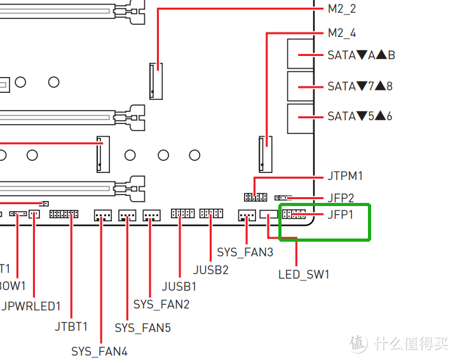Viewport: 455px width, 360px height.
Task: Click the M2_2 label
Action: pyautogui.click(x=342, y=9)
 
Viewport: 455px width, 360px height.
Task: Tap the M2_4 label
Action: pyautogui.click(x=342, y=33)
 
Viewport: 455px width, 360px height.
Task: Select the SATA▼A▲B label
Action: pyautogui.click(x=361, y=55)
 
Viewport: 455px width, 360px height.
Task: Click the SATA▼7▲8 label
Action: pyautogui.click(x=360, y=86)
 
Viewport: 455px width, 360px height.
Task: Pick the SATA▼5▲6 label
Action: pyautogui.click(x=360, y=116)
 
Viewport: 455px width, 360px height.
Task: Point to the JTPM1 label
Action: pyautogui.click(x=345, y=176)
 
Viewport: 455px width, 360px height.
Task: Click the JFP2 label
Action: pyautogui.click(x=341, y=198)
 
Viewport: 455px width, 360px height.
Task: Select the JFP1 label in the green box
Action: pyautogui.click(x=341, y=214)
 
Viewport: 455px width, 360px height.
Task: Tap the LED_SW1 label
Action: pyautogui.click(x=304, y=275)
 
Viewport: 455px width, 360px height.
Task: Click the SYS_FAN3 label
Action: pyautogui.click(x=245, y=253)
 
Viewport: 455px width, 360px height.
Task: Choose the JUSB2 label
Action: pyautogui.click(x=210, y=269)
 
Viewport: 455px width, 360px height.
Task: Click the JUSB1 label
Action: pyautogui.click(x=179, y=287)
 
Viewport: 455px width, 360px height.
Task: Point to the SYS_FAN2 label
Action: pyautogui.click(x=161, y=305)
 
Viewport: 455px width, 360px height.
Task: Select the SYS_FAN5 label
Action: pyautogui.click(x=142, y=328)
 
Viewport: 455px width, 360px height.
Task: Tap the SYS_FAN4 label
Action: pyautogui.click(x=99, y=351)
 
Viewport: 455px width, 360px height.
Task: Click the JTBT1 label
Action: pyautogui.click(x=71, y=327)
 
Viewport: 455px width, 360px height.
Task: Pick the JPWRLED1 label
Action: pyautogui.click(x=31, y=306)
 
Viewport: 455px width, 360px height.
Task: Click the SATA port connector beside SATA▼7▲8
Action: pyautogui.click(x=300, y=86)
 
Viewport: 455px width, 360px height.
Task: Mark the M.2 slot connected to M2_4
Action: pyautogui.click(x=265, y=153)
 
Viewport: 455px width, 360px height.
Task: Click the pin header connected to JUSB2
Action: pyautogui.click(x=211, y=214)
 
